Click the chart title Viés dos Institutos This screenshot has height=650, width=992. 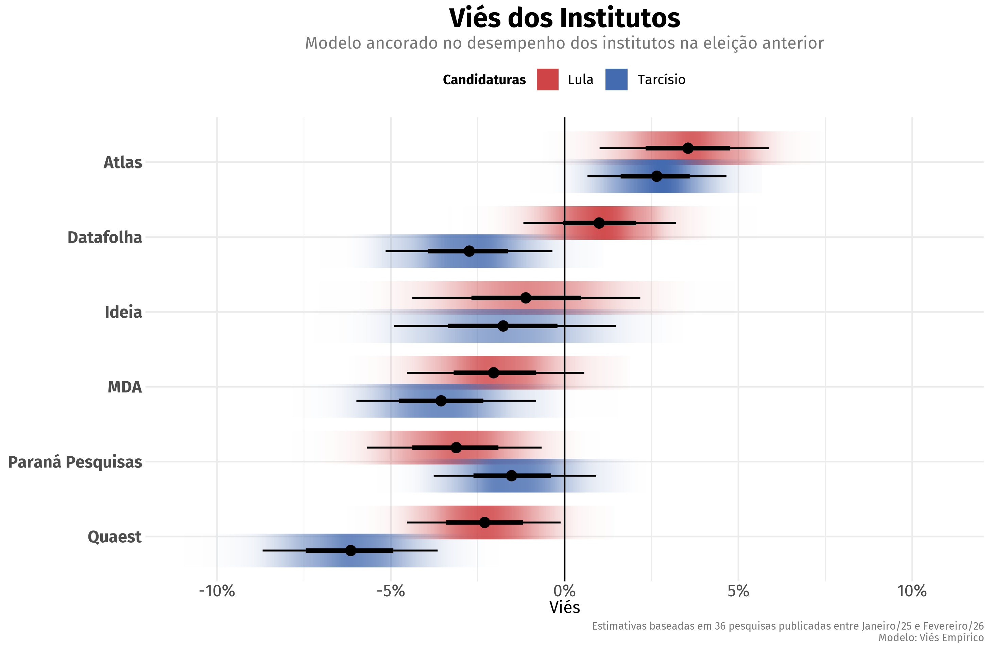coord(564,18)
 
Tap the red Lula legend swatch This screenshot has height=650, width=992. coord(547,80)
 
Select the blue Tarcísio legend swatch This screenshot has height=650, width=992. coord(616,80)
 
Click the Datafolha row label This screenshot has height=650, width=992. coord(105,238)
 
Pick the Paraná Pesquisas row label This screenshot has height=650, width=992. coord(75,462)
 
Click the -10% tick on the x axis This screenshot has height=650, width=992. coord(217,591)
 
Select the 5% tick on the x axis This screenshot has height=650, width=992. coord(738,591)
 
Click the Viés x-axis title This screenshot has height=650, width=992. coord(564,608)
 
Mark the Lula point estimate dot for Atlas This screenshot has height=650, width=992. coord(688,148)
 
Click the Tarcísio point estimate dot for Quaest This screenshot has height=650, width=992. coord(350,550)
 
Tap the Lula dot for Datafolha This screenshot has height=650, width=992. coord(599,223)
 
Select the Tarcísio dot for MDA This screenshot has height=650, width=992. coord(441,401)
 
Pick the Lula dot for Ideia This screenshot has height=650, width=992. coord(526,298)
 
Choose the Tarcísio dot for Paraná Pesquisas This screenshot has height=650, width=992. coord(511,475)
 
